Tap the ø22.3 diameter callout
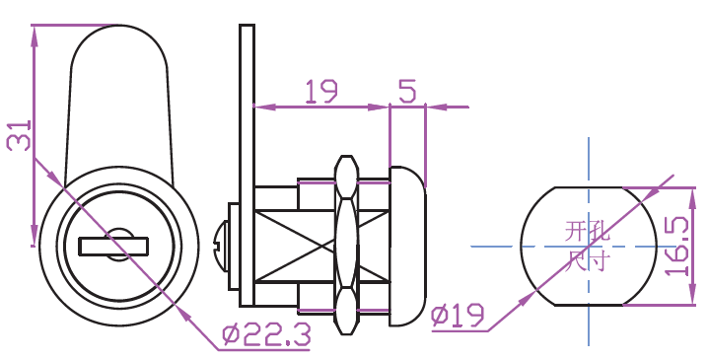[x=266, y=335]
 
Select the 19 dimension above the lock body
[x=321, y=92]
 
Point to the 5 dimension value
[x=407, y=92]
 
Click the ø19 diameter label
[x=458, y=315]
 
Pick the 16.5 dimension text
[x=677, y=246]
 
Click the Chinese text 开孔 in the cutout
[x=587, y=231]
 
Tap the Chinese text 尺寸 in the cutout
[x=587, y=261]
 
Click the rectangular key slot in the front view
[x=113, y=247]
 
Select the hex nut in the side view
[x=346, y=246]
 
